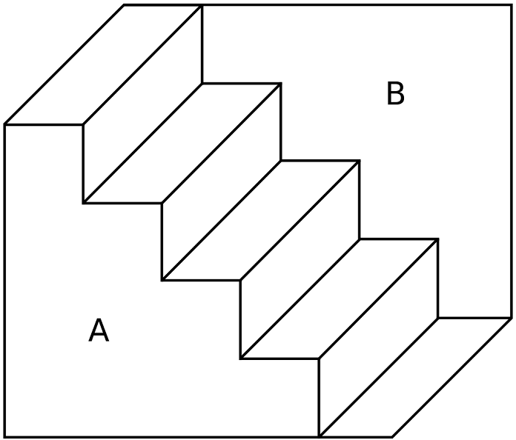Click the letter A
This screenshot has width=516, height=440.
click(x=99, y=330)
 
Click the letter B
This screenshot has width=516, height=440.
click(x=395, y=95)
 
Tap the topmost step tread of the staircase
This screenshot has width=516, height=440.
click(x=103, y=65)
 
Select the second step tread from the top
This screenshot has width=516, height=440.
click(x=182, y=143)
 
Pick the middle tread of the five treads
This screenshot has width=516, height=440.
click(x=260, y=221)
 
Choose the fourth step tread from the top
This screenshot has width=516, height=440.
click(x=339, y=299)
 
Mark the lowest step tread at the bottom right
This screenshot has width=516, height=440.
click(x=415, y=378)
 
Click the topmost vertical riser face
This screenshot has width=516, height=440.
click(x=142, y=104)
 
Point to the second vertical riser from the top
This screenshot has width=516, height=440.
click(x=221, y=181)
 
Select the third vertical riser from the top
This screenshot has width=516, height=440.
click(x=300, y=259)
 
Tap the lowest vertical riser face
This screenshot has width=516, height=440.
click(x=378, y=337)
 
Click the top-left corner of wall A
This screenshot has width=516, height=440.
click(x=5, y=124)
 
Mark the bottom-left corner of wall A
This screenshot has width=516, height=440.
click(x=5, y=436)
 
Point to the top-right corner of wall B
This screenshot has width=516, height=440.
click(x=512, y=6)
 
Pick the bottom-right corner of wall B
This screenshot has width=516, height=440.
click(x=512, y=318)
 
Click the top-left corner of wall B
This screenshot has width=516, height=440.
click(x=202, y=6)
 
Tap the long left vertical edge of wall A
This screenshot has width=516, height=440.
click(x=5, y=281)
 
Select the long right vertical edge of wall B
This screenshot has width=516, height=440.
click(x=512, y=163)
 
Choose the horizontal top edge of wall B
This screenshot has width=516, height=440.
click(x=356, y=6)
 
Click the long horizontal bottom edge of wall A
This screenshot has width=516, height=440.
click(x=163, y=436)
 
